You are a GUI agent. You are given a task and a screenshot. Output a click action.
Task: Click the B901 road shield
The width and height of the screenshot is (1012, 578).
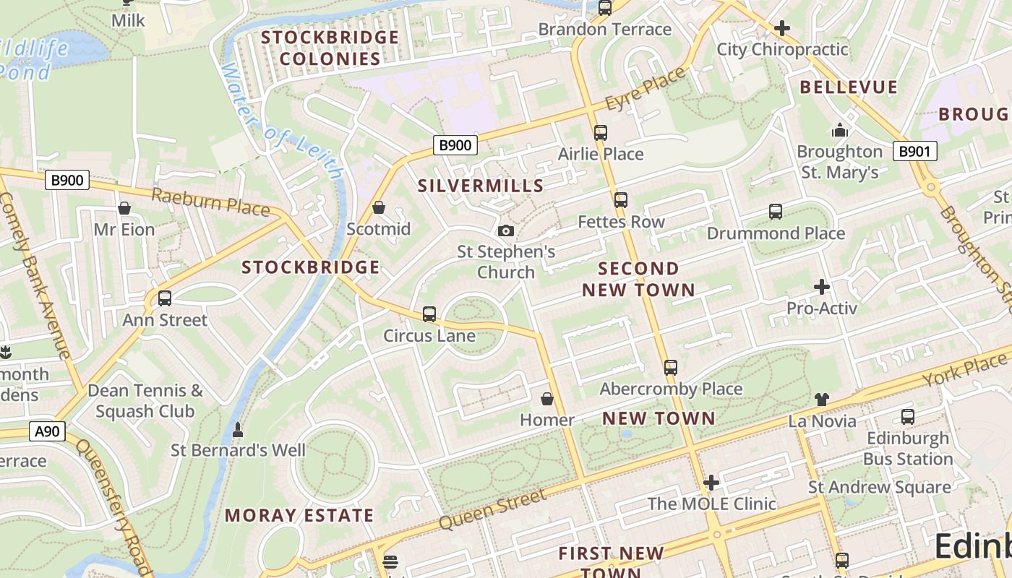click(915, 151)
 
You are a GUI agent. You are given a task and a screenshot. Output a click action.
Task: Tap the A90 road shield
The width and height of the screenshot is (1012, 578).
click(48, 432)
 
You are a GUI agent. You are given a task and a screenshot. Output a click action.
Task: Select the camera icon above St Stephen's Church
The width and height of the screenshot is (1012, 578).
click(506, 230)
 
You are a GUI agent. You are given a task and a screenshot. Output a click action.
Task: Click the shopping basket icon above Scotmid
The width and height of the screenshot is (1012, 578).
click(378, 208)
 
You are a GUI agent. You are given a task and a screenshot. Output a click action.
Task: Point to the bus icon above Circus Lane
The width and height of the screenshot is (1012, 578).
click(429, 314)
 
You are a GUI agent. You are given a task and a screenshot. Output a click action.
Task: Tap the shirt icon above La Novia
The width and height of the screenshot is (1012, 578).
click(822, 400)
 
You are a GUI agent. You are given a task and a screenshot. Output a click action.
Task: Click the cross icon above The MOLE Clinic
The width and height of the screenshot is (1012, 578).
click(711, 483)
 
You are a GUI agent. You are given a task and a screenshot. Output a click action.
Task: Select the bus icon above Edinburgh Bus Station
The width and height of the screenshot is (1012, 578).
click(908, 417)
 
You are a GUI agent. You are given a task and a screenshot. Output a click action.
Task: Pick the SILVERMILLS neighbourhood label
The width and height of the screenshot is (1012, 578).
click(481, 186)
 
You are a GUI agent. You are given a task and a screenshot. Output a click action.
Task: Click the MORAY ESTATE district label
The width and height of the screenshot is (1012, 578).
click(299, 515)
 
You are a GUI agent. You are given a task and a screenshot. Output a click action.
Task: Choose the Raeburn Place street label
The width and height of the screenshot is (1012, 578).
click(210, 202)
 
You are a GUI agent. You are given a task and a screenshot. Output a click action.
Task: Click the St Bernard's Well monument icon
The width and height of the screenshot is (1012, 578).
click(237, 430)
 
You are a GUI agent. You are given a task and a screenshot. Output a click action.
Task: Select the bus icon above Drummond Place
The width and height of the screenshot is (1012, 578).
click(776, 212)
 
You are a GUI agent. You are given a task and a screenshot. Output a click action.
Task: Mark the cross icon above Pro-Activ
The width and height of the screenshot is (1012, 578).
click(822, 287)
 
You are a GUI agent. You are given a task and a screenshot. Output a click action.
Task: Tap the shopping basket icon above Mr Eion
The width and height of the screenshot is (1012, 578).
click(124, 208)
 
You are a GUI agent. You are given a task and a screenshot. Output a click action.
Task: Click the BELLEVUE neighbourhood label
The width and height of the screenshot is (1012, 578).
click(849, 87)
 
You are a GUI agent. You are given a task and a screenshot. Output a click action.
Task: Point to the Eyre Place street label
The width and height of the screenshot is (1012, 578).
click(645, 89)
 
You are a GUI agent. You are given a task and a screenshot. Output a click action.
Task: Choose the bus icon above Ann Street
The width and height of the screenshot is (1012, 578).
click(165, 298)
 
